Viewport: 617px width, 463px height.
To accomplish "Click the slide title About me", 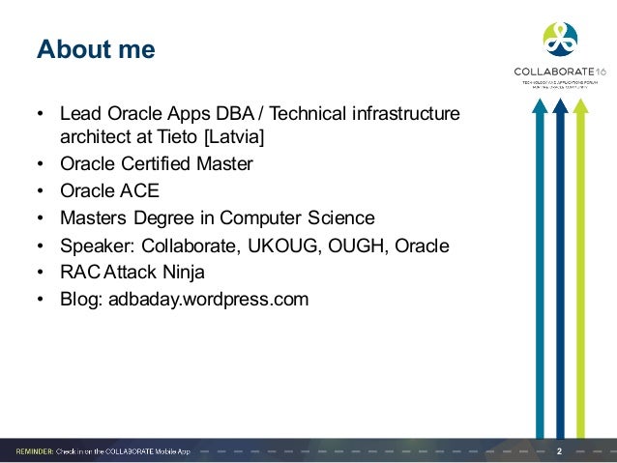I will click(96, 49).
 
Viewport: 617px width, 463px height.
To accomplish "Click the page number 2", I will click(560, 450).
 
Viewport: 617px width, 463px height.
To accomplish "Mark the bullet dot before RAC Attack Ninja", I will click(41, 273).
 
